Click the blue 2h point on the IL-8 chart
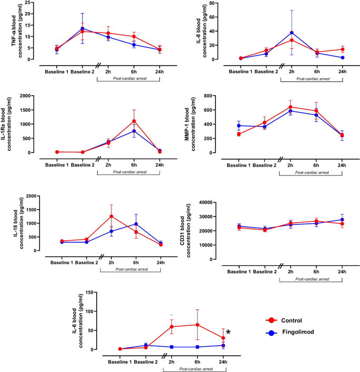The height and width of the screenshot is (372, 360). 292,33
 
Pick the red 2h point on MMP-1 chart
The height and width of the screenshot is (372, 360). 291,107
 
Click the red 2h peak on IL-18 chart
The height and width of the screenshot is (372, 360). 111,216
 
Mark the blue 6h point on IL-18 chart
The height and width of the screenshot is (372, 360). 136,224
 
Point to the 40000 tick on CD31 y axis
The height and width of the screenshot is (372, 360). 213,202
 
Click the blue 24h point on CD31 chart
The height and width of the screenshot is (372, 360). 342,220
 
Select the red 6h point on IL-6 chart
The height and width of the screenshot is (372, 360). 197,325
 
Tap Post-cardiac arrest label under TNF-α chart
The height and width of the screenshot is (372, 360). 129,78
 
